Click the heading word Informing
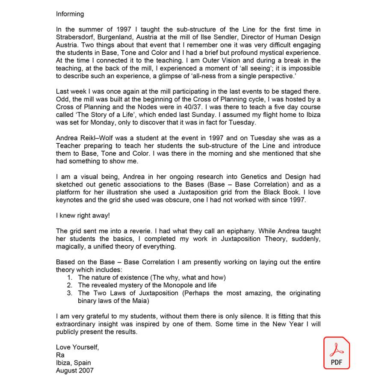coord(70,14)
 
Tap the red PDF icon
coord(336,353)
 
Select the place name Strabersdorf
coord(74,37)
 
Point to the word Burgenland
coord(113,37)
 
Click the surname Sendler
coord(237,37)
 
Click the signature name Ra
coord(60,355)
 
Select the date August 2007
coord(74,370)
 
